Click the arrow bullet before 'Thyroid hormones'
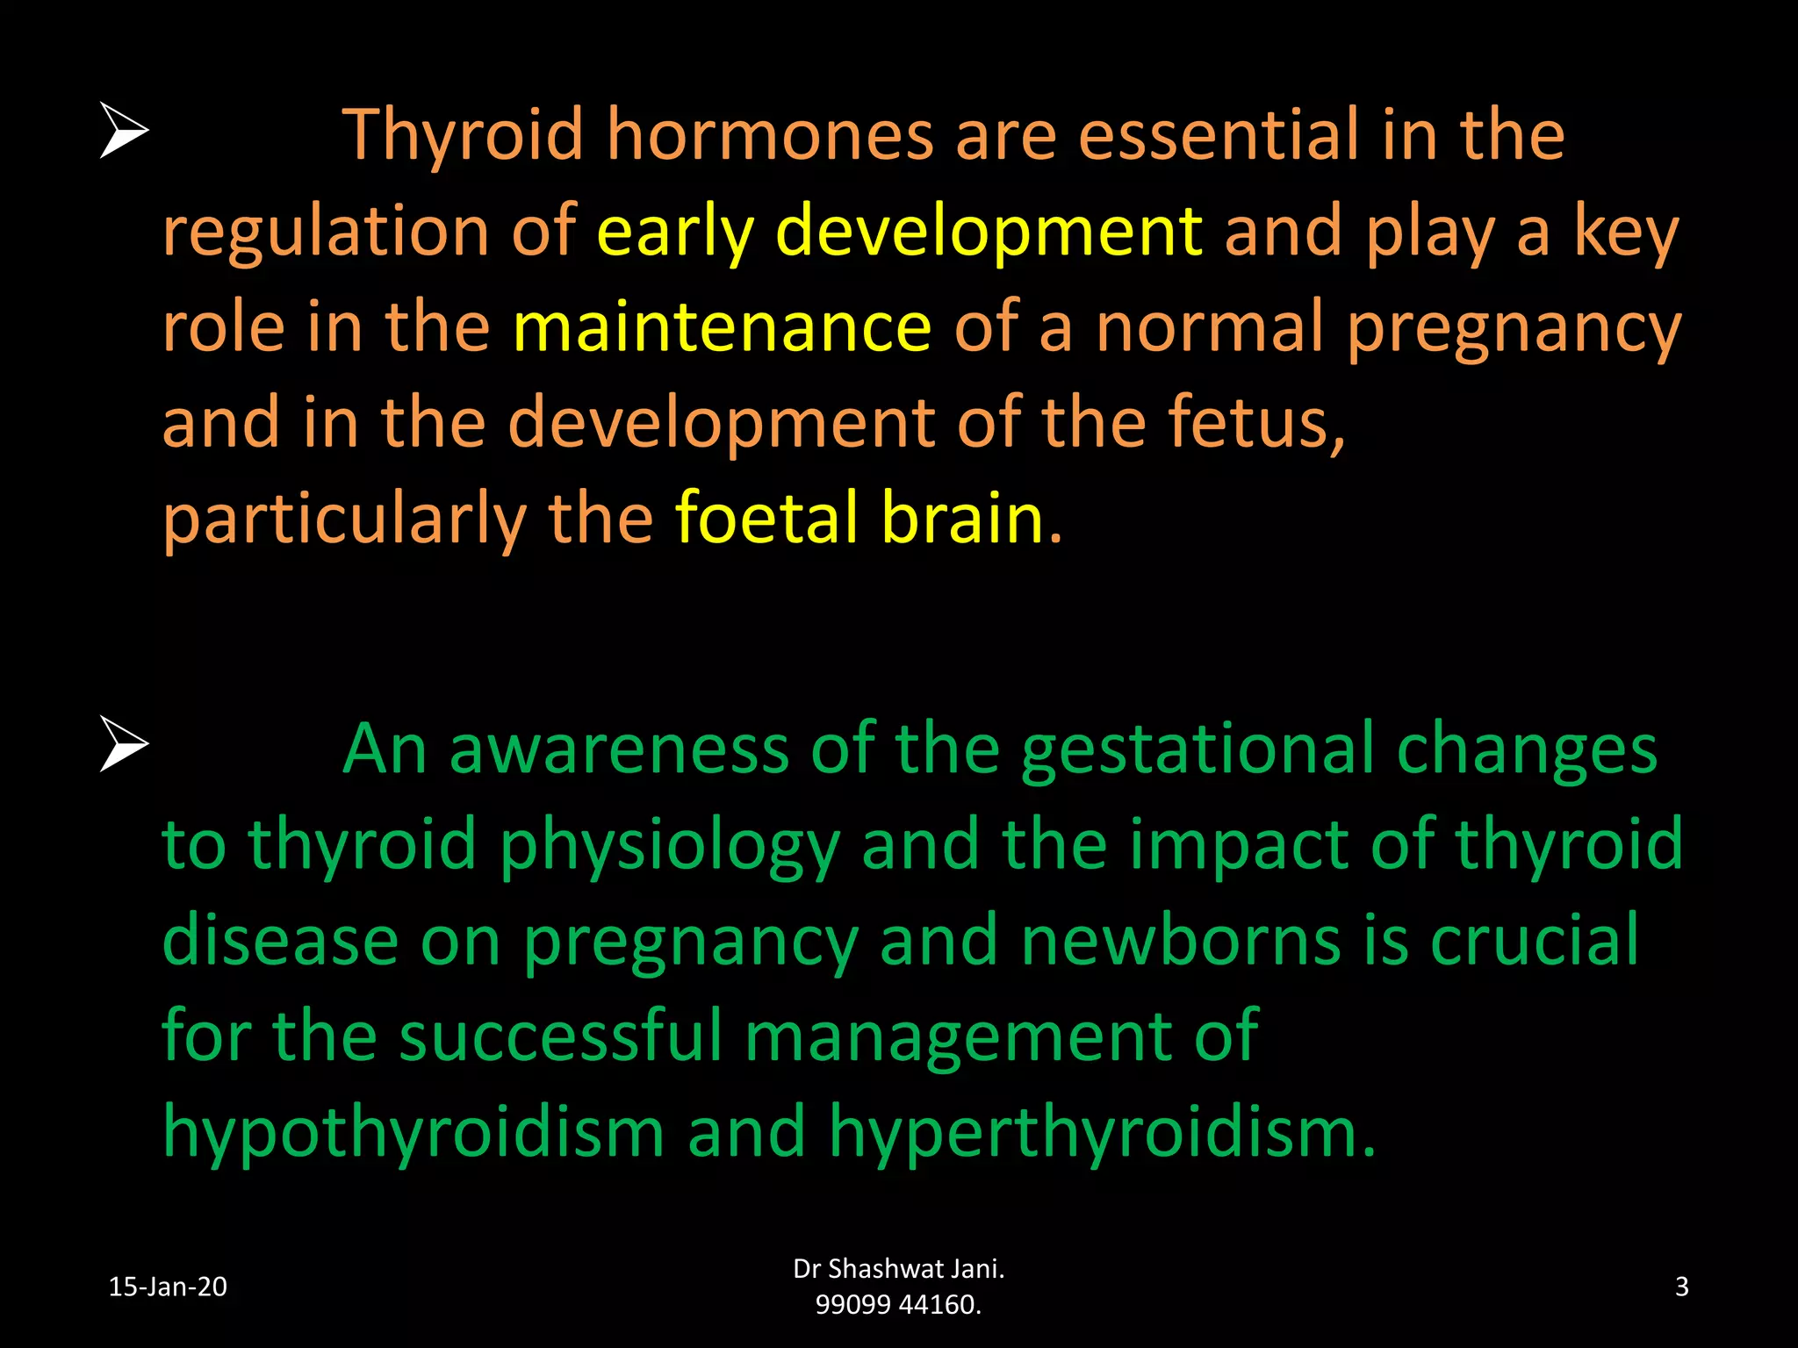(124, 131)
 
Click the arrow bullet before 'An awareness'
(124, 744)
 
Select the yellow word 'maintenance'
(722, 326)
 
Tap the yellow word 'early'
(675, 232)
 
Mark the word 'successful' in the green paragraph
(560, 1036)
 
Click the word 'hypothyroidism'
(413, 1133)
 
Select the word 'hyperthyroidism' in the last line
(1101, 1133)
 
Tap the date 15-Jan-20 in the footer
(168, 1287)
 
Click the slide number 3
(1681, 1287)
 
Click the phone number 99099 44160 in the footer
(897, 1305)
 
